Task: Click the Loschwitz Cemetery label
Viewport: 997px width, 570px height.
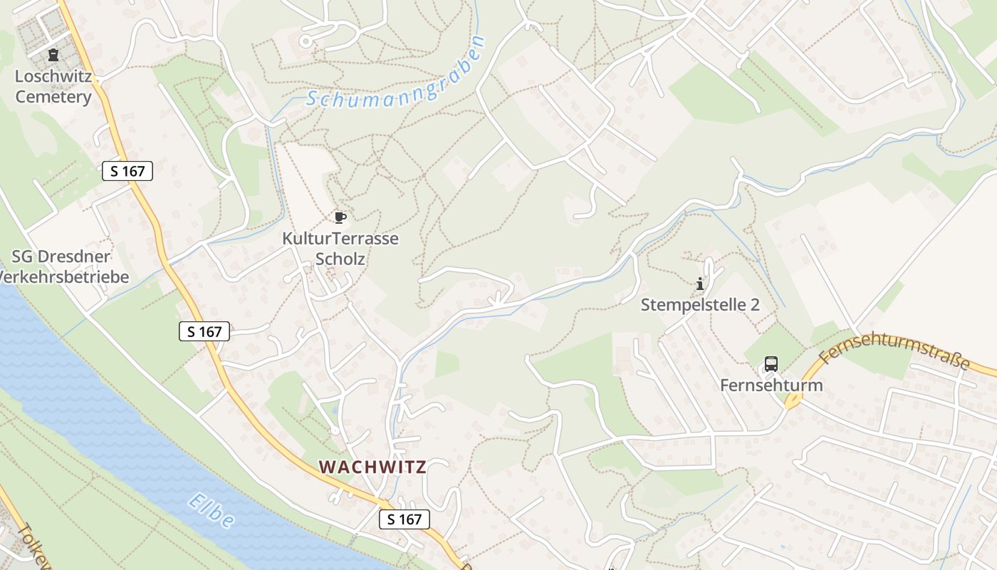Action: click(x=53, y=86)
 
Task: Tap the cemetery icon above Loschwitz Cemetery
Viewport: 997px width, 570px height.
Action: click(x=53, y=55)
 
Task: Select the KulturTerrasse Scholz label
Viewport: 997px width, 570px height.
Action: click(x=340, y=248)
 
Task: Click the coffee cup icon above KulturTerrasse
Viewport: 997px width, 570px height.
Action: click(x=340, y=217)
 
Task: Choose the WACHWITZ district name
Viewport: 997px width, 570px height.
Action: click(x=372, y=467)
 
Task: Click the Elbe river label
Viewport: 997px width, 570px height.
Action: click(x=212, y=512)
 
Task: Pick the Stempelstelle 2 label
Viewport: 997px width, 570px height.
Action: click(x=700, y=305)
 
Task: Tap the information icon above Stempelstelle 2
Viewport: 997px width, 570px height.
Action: click(x=700, y=284)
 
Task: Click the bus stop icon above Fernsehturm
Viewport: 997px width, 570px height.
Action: click(x=771, y=364)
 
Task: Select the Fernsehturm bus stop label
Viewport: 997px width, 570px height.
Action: click(x=771, y=385)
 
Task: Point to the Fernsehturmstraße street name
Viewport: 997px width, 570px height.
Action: click(x=895, y=353)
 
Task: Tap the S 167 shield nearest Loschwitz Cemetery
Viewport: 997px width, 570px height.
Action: click(x=127, y=171)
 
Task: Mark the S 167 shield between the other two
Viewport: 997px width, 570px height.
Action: click(x=204, y=331)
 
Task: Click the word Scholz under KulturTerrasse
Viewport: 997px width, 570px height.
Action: click(x=340, y=259)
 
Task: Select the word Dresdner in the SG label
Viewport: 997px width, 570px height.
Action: click(x=81, y=256)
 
